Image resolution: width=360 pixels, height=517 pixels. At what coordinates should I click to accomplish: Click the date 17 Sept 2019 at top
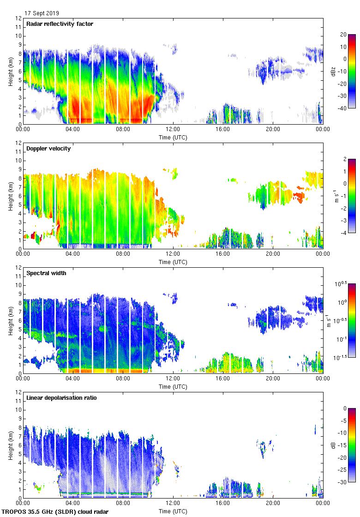[42, 13]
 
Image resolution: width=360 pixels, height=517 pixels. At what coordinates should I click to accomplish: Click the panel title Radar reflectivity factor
[60, 24]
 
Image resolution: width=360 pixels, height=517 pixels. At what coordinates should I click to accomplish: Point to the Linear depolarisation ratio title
[61, 398]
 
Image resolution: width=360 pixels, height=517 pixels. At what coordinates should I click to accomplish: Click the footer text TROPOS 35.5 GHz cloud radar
[55, 512]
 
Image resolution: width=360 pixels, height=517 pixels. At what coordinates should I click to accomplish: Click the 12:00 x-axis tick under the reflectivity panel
[173, 129]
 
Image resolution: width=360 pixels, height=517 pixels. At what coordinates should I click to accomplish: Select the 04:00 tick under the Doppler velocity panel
[73, 254]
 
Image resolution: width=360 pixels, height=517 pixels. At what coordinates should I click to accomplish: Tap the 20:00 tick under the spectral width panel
[273, 379]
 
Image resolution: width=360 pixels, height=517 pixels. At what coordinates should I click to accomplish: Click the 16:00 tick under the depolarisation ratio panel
[223, 503]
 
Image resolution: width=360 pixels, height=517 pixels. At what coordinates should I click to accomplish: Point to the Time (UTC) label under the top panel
[173, 137]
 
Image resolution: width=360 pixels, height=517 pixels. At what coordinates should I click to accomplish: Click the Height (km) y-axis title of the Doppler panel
[11, 196]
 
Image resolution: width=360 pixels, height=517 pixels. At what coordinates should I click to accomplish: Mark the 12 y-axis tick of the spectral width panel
[18, 267]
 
